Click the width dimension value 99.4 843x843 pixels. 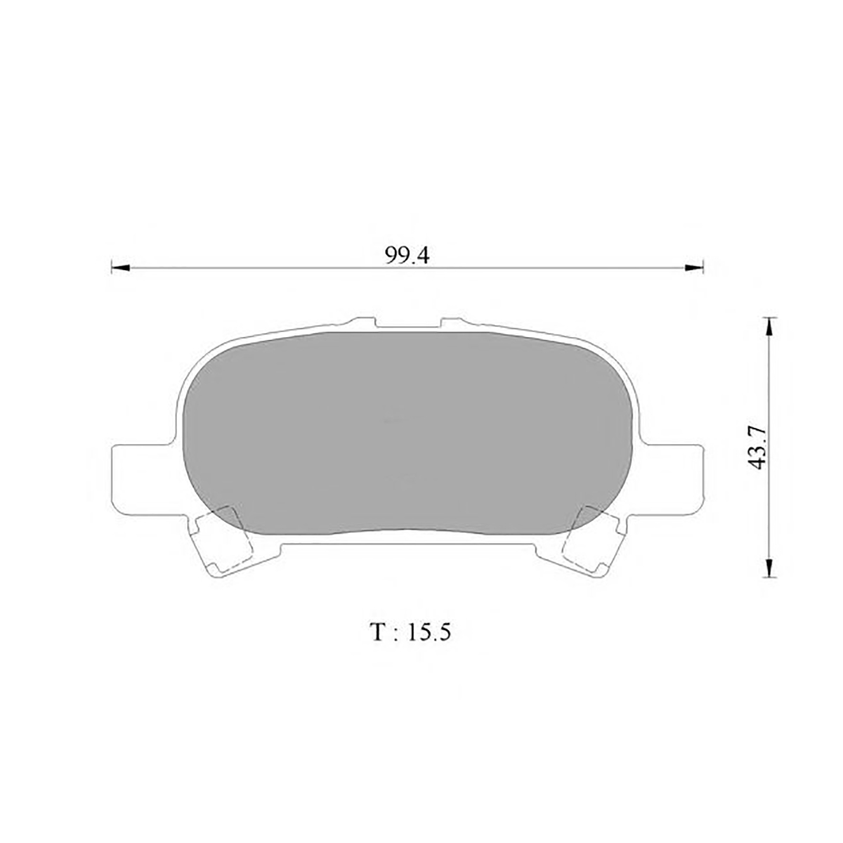(x=407, y=256)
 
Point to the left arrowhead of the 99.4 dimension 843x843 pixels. (x=120, y=267)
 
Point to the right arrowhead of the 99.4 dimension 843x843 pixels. (x=694, y=267)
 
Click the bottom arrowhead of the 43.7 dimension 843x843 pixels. (x=769, y=568)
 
